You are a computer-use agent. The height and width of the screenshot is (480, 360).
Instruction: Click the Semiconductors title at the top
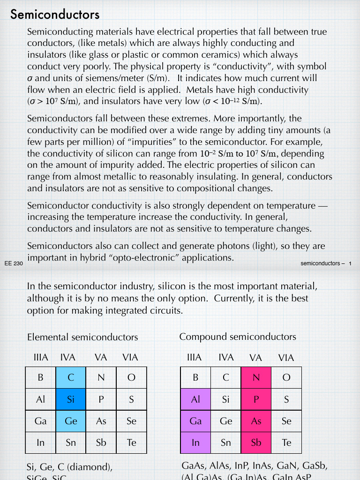point(55,15)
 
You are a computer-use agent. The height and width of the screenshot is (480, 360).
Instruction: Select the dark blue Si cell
point(71,399)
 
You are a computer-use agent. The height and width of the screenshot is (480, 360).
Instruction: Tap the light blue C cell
point(71,377)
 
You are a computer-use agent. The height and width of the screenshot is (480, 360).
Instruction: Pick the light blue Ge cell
point(71,421)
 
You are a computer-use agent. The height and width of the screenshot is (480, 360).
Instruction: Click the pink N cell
point(256,377)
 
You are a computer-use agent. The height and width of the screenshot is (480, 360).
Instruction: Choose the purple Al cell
point(195,399)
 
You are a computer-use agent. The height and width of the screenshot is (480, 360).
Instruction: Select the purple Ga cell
point(195,421)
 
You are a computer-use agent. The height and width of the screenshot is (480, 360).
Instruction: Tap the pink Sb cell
point(256,442)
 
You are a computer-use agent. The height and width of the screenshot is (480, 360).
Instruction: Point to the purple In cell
point(195,442)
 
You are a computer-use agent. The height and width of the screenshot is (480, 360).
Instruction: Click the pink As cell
point(256,421)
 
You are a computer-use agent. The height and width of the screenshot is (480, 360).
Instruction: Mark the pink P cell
point(256,399)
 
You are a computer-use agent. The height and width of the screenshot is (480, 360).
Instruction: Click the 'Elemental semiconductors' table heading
point(82,337)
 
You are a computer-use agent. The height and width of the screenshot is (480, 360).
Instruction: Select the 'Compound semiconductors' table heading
point(238,337)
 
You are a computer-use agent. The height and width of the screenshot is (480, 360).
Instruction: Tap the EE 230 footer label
point(14,263)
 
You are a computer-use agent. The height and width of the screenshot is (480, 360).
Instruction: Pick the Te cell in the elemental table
point(131,442)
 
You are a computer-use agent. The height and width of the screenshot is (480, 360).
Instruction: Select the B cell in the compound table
point(195,377)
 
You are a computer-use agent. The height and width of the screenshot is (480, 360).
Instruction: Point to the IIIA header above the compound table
point(194,358)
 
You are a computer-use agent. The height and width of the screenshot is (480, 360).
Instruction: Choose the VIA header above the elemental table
point(130,357)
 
